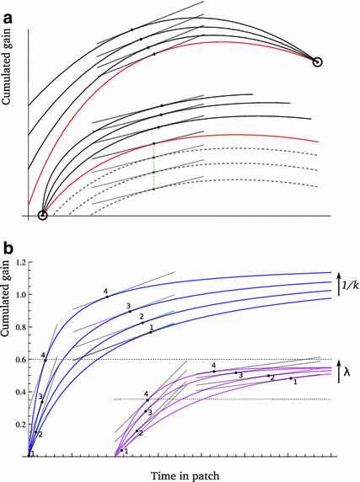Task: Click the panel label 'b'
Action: pyautogui.click(x=8, y=249)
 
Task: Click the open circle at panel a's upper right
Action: pyautogui.click(x=317, y=61)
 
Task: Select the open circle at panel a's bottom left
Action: pyautogui.click(x=43, y=216)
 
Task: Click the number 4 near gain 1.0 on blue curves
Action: pyautogui.click(x=105, y=292)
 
